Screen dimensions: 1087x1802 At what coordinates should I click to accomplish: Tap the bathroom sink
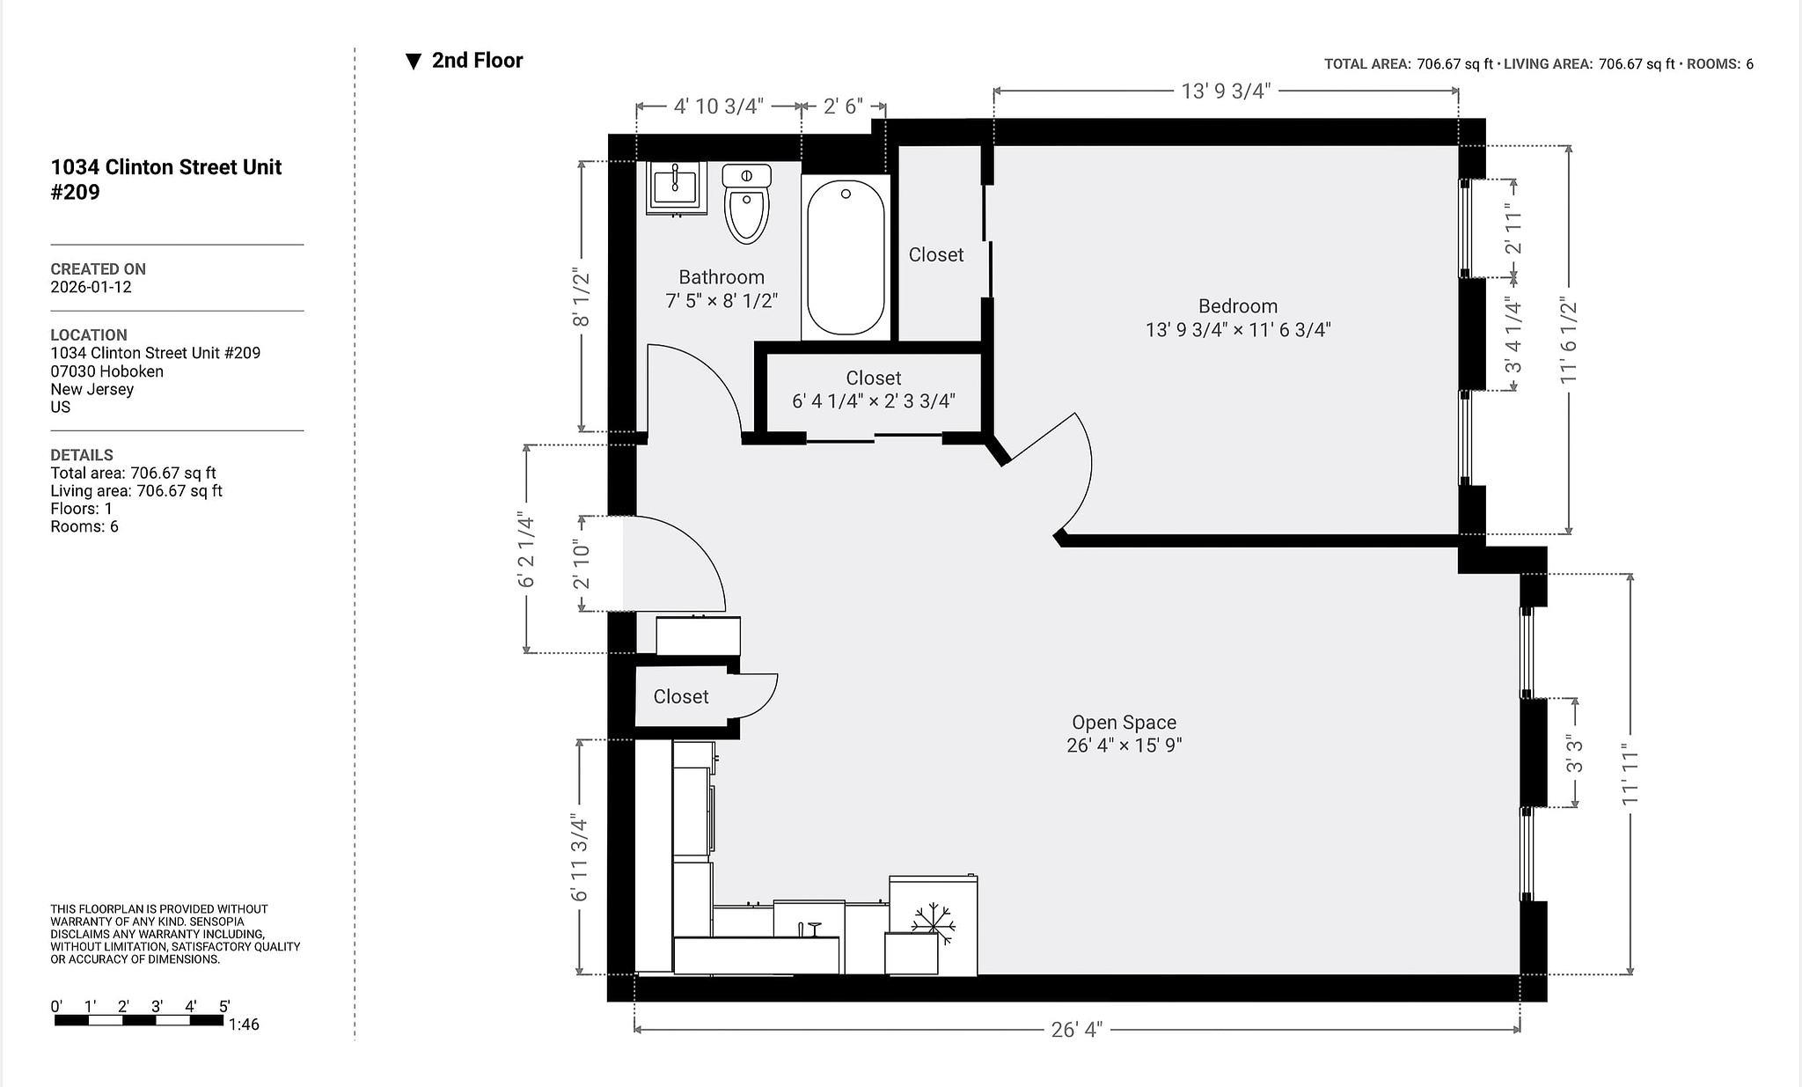click(676, 187)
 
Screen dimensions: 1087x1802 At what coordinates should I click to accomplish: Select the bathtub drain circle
click(846, 194)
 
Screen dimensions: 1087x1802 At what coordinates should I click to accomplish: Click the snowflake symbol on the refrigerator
click(933, 922)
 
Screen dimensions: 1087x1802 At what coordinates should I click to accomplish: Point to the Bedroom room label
click(1237, 306)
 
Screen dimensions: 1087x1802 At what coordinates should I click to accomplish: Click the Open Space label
click(1124, 723)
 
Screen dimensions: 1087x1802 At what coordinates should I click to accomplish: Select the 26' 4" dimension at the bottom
click(1076, 1029)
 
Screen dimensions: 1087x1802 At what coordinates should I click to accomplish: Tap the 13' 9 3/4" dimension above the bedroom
click(1226, 91)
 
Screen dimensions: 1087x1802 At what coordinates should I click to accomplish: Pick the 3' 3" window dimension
click(1574, 753)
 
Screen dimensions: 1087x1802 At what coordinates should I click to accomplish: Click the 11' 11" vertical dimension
click(1630, 775)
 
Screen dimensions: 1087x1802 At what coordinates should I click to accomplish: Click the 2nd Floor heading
click(477, 61)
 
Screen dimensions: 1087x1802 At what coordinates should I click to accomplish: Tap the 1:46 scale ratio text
click(244, 1025)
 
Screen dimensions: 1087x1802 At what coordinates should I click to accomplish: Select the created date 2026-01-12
click(91, 287)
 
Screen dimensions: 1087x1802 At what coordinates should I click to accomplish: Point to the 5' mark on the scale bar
click(223, 1006)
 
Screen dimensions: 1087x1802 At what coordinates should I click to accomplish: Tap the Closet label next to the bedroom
click(935, 254)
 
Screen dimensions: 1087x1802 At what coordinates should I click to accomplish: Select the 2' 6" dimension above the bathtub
click(842, 106)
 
